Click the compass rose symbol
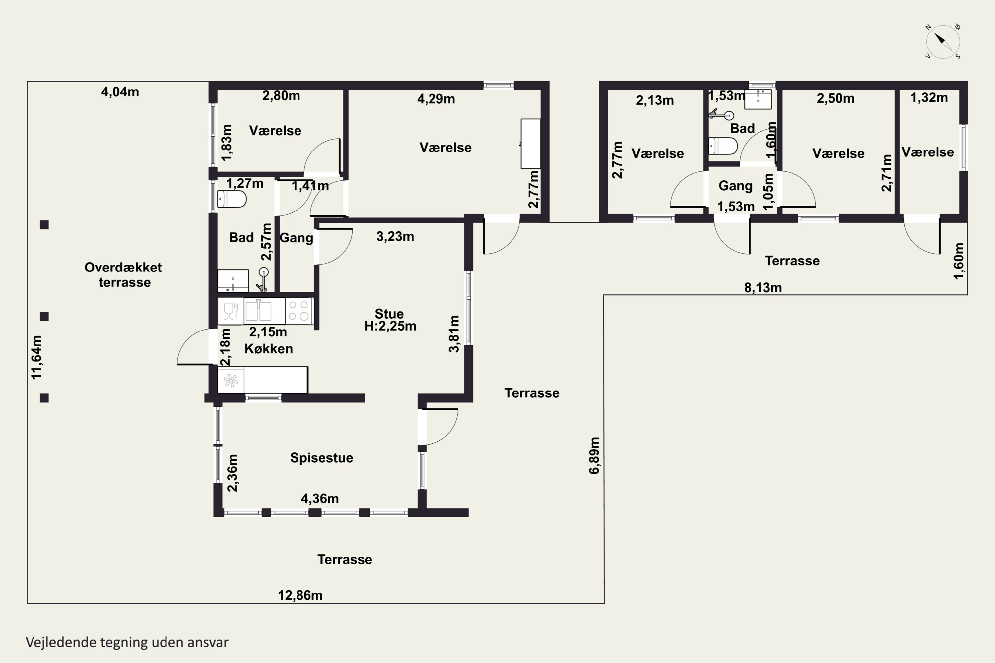click(x=943, y=42)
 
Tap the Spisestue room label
click(x=321, y=458)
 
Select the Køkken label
click(x=269, y=349)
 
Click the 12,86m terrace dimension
click(x=300, y=595)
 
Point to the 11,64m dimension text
click(x=37, y=357)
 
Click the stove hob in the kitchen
click(x=299, y=311)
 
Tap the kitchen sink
click(x=258, y=311)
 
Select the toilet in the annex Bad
click(x=723, y=146)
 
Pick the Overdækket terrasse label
click(x=123, y=275)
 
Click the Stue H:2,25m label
click(x=390, y=320)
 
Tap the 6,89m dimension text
click(x=594, y=455)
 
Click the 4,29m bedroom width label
click(x=436, y=99)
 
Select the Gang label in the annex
click(x=736, y=186)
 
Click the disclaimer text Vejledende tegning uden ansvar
click(x=127, y=643)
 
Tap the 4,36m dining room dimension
click(x=320, y=499)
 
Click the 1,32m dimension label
click(x=929, y=98)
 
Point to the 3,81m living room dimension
click(x=454, y=333)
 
